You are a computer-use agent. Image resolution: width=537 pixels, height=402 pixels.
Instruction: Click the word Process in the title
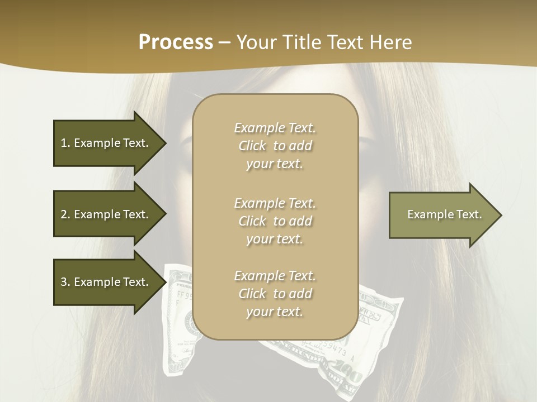[176, 42]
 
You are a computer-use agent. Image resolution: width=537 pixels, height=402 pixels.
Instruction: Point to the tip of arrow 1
[165, 143]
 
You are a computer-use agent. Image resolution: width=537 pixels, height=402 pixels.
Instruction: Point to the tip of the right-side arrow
[501, 215]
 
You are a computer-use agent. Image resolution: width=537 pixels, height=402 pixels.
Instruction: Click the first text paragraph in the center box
[275, 146]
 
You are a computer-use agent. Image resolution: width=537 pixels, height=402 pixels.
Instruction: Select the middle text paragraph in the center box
[275, 221]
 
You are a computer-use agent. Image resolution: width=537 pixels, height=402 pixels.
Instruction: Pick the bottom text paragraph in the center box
[275, 294]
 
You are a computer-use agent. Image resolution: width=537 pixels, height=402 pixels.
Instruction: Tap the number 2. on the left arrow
[65, 214]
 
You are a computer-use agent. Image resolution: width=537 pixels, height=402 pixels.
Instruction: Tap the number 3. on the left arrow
[65, 282]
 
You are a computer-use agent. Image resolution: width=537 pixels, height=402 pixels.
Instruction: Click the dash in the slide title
[224, 42]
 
